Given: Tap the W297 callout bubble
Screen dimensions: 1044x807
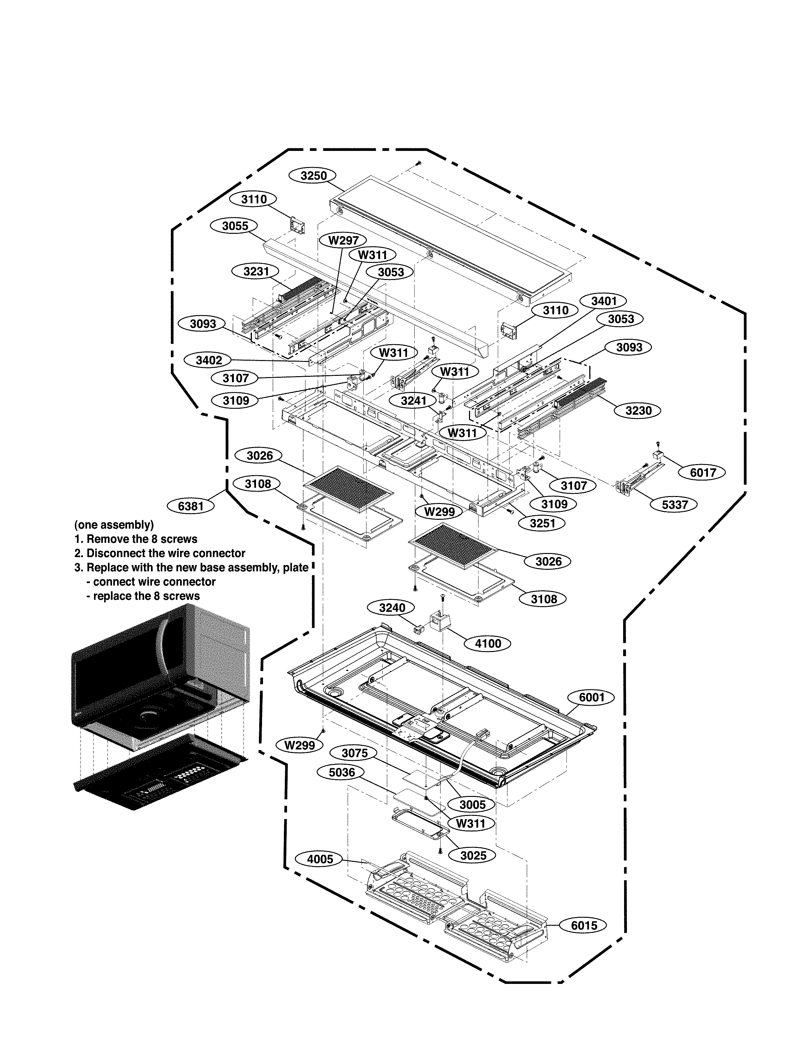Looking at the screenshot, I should pos(343,240).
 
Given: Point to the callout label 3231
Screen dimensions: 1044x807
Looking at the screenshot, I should pos(256,271).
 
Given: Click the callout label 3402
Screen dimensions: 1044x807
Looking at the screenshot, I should pos(209,360).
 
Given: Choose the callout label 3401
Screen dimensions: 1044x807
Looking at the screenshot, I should pos(604,301).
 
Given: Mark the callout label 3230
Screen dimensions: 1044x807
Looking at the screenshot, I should pos(638,411).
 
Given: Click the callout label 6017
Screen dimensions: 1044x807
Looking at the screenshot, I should pos(703,472).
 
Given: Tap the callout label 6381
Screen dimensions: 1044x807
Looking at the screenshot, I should pos(191,506).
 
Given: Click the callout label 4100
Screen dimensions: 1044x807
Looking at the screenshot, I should pos(488,643).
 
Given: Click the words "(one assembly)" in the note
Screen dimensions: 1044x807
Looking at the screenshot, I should pos(114,525).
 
